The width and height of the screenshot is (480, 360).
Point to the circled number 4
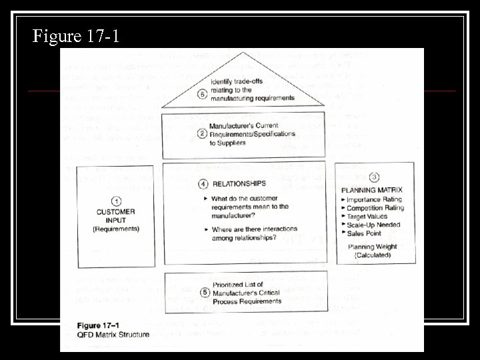click(203, 184)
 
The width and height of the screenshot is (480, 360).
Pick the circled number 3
click(375, 177)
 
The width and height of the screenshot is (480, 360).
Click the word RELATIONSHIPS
click(238, 183)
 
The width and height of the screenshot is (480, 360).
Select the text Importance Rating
click(376, 199)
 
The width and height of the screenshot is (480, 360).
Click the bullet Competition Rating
click(376, 208)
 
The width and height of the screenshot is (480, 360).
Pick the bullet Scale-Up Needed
click(375, 225)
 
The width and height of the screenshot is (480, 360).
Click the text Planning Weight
click(373, 247)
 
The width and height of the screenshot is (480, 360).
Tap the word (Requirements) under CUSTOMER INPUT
click(116, 229)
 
